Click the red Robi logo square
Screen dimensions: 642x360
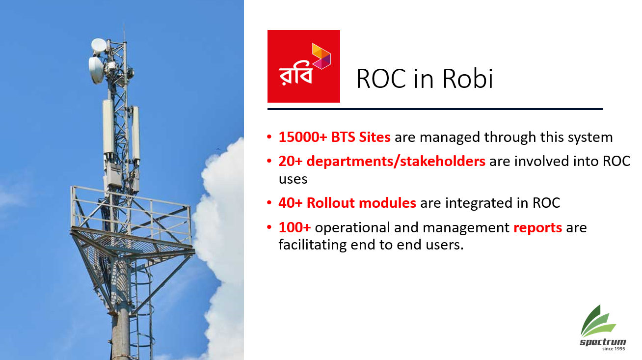click(x=303, y=66)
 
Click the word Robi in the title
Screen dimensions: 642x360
click(x=468, y=78)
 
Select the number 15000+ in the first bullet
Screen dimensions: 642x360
click(x=303, y=137)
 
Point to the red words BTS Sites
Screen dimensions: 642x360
click(x=361, y=137)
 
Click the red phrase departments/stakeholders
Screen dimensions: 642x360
click(x=396, y=161)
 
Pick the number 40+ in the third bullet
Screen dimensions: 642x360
click(x=291, y=203)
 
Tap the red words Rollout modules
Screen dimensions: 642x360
click(x=361, y=203)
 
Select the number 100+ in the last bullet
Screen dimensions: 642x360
click(x=294, y=227)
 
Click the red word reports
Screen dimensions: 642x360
click(x=537, y=228)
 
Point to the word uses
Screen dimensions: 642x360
click(x=293, y=180)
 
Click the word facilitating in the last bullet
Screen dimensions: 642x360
click(x=312, y=245)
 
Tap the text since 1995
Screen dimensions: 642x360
click(x=614, y=349)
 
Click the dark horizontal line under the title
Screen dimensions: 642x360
click(x=435, y=109)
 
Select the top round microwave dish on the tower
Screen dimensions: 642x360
click(x=99, y=45)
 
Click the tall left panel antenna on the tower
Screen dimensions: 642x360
click(x=108, y=127)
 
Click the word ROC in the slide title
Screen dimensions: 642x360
click(x=381, y=79)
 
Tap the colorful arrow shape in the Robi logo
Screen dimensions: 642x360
click(x=321, y=56)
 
